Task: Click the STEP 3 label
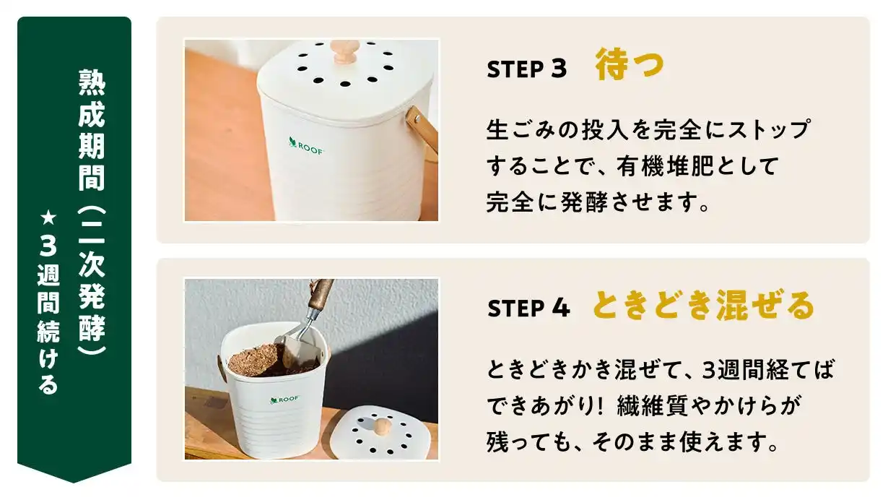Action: pos(527,69)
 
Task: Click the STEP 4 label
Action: pos(529,309)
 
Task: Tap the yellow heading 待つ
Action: pos(630,65)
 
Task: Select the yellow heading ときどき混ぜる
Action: pos(703,306)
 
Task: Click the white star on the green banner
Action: pos(48,218)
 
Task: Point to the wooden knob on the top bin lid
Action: pos(345,51)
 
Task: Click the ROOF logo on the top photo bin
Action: pos(306,146)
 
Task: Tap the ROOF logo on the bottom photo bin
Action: pos(284,400)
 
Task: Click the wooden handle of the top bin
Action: pos(422,129)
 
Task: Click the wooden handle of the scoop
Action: pos(321,293)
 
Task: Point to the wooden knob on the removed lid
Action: pos(382,426)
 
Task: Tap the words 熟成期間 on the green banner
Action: pos(92,130)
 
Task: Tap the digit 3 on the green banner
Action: pos(48,246)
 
